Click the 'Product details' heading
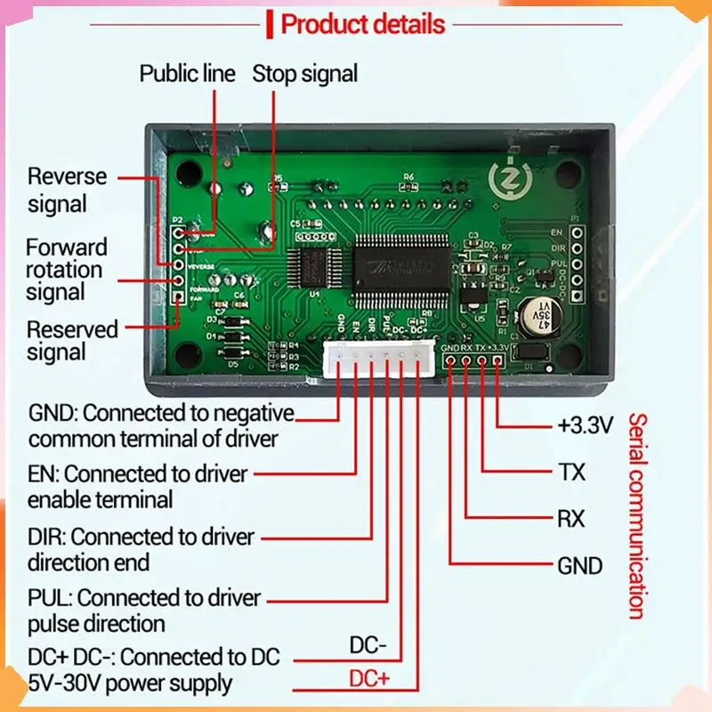[362, 24]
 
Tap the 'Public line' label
[187, 73]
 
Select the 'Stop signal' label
[305, 73]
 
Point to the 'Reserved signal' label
[71, 340]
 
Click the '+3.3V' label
[585, 425]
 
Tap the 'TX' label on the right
[571, 472]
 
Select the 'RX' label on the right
[571, 518]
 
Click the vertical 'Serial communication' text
[635, 515]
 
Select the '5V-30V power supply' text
[130, 684]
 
